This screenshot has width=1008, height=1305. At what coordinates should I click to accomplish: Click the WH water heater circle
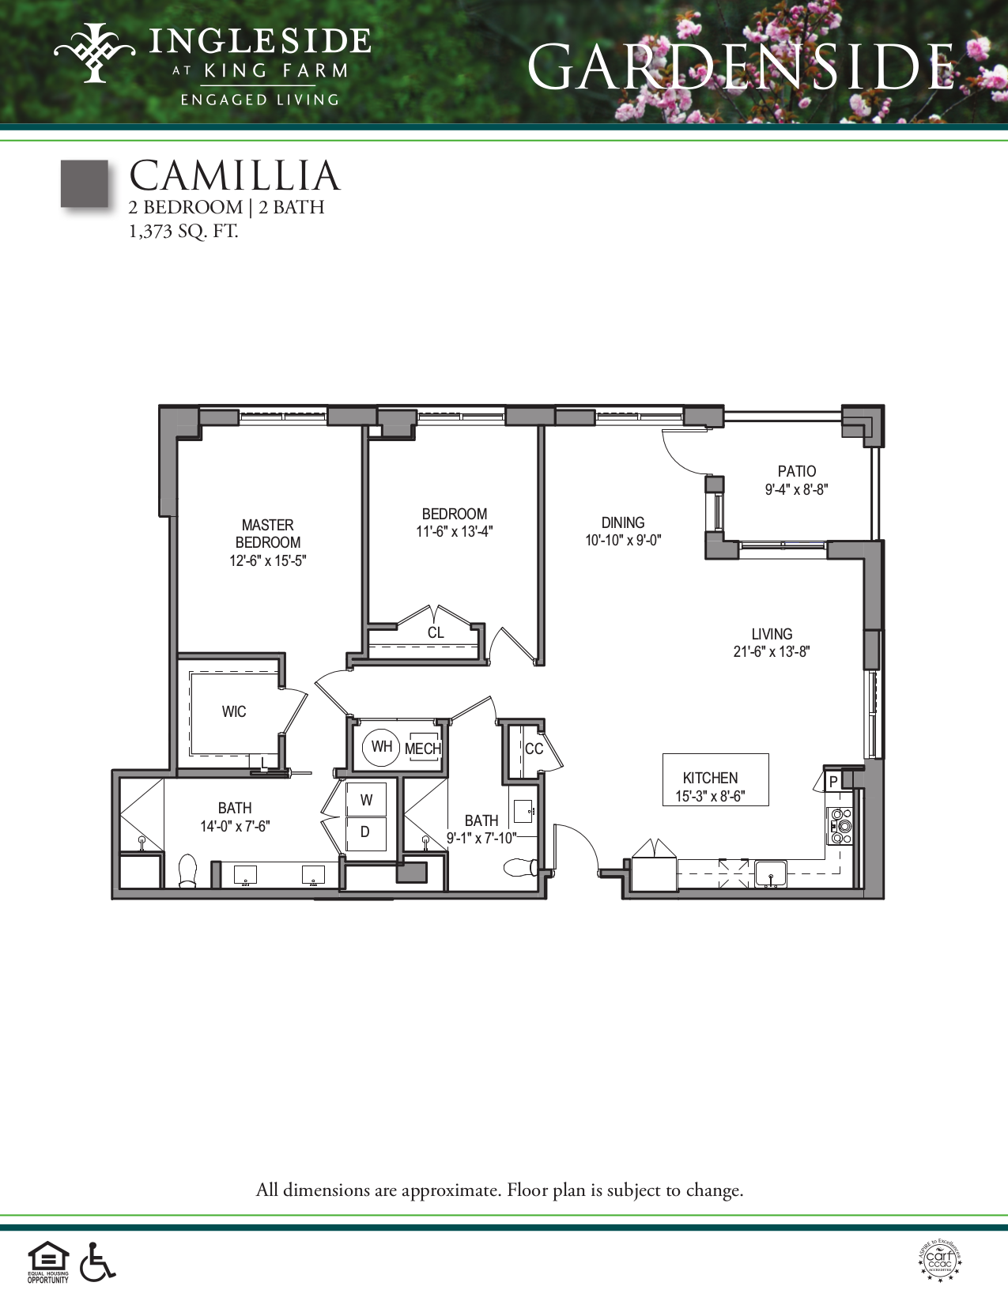[x=381, y=747]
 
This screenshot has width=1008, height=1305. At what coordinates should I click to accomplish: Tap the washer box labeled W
[x=366, y=800]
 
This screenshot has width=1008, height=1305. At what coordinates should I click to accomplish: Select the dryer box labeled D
[x=365, y=832]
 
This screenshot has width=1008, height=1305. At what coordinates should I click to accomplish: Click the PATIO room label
[x=796, y=471]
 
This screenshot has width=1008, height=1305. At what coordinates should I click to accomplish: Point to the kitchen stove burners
[x=840, y=826]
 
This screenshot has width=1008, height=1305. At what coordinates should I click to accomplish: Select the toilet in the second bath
[x=521, y=868]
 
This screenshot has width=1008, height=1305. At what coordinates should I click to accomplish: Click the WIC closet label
[x=234, y=711]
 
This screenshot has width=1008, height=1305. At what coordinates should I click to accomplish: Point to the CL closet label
[x=436, y=632]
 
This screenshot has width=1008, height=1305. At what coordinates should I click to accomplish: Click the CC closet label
[x=534, y=749]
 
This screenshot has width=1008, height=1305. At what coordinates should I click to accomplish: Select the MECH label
[x=423, y=749]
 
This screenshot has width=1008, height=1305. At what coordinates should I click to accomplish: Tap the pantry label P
[x=833, y=782]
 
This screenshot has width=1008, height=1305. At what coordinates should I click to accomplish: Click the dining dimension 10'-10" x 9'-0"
[x=623, y=541]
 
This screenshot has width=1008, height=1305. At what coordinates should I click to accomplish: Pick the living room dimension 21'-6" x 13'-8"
[x=772, y=652]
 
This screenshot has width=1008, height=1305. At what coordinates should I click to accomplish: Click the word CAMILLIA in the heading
[x=235, y=175]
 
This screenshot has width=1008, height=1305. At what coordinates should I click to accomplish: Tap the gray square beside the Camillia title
[x=85, y=184]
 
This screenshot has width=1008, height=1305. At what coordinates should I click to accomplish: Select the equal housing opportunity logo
[x=48, y=1262]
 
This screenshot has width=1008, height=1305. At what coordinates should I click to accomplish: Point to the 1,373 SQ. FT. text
[x=183, y=232]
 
